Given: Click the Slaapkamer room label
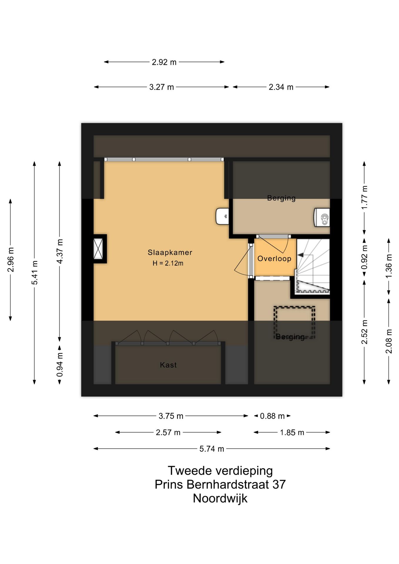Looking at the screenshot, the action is pyautogui.click(x=170, y=252).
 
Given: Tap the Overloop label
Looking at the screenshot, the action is pyautogui.click(x=274, y=259).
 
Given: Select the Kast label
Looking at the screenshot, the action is pyautogui.click(x=168, y=365).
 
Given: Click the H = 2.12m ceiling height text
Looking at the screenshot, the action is pyautogui.click(x=168, y=263).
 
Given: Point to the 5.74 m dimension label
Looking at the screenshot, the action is pyautogui.click(x=212, y=449).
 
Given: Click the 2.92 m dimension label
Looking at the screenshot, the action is pyautogui.click(x=164, y=62).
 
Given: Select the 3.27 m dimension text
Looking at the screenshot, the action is pyautogui.click(x=161, y=87).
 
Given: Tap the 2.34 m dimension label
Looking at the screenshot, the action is pyautogui.click(x=281, y=87).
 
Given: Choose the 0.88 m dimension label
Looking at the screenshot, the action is pyautogui.click(x=272, y=416).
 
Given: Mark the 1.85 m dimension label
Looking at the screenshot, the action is pyautogui.click(x=292, y=433).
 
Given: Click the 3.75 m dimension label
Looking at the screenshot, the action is pyautogui.click(x=171, y=416).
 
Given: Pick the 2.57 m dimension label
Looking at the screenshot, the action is pyautogui.click(x=168, y=433).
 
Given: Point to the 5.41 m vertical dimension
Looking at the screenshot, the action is pyautogui.click(x=35, y=273).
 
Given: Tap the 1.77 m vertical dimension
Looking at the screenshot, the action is pyautogui.click(x=364, y=197).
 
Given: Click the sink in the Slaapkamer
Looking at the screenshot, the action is pyautogui.click(x=222, y=216).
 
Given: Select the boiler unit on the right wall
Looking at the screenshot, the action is pyautogui.click(x=322, y=217).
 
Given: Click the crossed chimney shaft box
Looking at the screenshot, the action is pyautogui.click(x=98, y=249).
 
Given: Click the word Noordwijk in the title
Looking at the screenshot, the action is pyautogui.click(x=220, y=498).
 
